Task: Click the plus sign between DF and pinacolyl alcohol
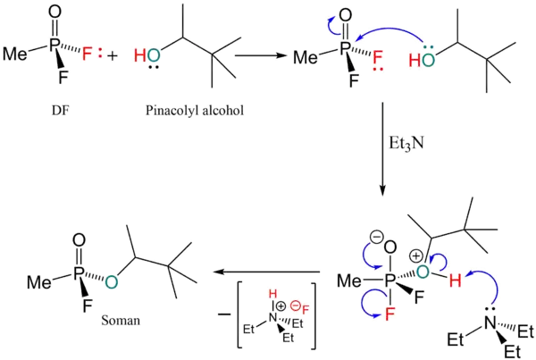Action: (111, 54)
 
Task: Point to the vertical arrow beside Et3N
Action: (382, 147)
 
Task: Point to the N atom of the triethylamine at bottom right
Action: (490, 321)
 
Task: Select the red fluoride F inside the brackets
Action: (306, 310)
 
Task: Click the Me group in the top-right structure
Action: (306, 59)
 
